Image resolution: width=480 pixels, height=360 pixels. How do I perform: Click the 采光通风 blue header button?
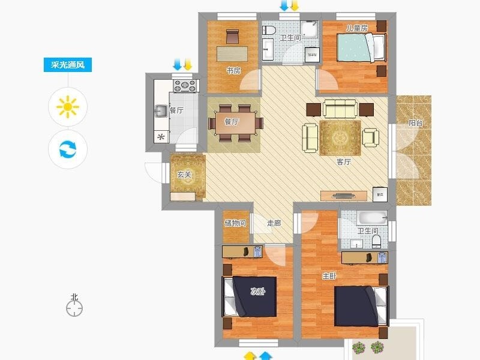pos(68,65)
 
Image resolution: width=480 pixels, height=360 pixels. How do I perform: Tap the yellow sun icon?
pos(68,107)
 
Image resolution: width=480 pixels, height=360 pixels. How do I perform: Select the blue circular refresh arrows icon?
pos(68,149)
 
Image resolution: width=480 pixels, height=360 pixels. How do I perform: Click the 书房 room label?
pos(233,71)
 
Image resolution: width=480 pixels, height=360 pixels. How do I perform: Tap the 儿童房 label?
pos(356,28)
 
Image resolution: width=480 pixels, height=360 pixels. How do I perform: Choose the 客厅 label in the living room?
pos(344,162)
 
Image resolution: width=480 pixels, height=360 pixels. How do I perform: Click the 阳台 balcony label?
pos(416,123)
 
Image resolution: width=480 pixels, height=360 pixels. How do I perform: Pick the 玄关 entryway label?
pos(184,175)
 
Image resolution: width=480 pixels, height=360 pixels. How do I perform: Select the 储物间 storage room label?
pos(235,223)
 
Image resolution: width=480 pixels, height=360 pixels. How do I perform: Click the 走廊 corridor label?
pos(274,223)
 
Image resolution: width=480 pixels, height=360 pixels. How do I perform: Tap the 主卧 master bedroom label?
pos(329,276)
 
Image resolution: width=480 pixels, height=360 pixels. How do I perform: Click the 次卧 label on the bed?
pos(258,292)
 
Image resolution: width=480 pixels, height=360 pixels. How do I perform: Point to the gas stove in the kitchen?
pos(185,86)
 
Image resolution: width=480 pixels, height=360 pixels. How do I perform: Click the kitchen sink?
pos(161,111)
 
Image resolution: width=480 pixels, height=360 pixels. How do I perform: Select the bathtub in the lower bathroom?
pos(372,218)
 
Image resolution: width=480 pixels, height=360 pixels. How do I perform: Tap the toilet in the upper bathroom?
pos(269,30)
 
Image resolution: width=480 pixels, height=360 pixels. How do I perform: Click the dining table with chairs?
pos(236,124)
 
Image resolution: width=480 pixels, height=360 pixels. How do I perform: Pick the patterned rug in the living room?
pos(340,138)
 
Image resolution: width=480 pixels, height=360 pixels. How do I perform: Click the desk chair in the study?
pos(232,37)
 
